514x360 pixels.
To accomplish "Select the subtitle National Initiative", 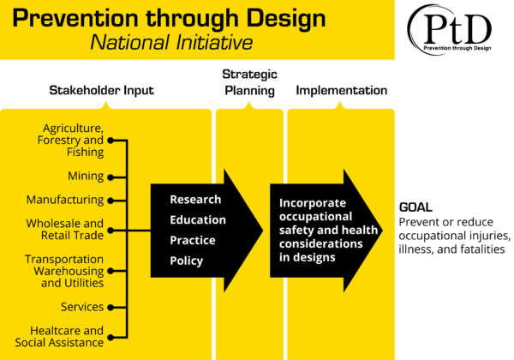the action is pyautogui.click(x=171, y=43).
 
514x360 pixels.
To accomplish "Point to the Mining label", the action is pyautogui.click(x=86, y=177).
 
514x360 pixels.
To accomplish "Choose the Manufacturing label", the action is pyautogui.click(x=64, y=201).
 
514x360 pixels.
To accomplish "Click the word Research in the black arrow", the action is pyautogui.click(x=195, y=200).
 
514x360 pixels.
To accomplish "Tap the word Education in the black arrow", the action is pyautogui.click(x=198, y=220).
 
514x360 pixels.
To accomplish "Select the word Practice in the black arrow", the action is pyautogui.click(x=193, y=241).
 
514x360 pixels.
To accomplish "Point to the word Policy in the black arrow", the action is pyautogui.click(x=187, y=261).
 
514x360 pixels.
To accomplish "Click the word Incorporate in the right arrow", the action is pyautogui.click(x=313, y=204).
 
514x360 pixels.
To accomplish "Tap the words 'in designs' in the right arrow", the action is pyautogui.click(x=308, y=257).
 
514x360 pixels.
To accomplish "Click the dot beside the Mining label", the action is pyautogui.click(x=111, y=177).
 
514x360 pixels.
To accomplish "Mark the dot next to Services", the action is pyautogui.click(x=111, y=307).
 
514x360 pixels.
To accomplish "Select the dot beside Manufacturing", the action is pyautogui.click(x=111, y=201).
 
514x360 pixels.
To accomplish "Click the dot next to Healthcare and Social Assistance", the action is pyautogui.click(x=111, y=336).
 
